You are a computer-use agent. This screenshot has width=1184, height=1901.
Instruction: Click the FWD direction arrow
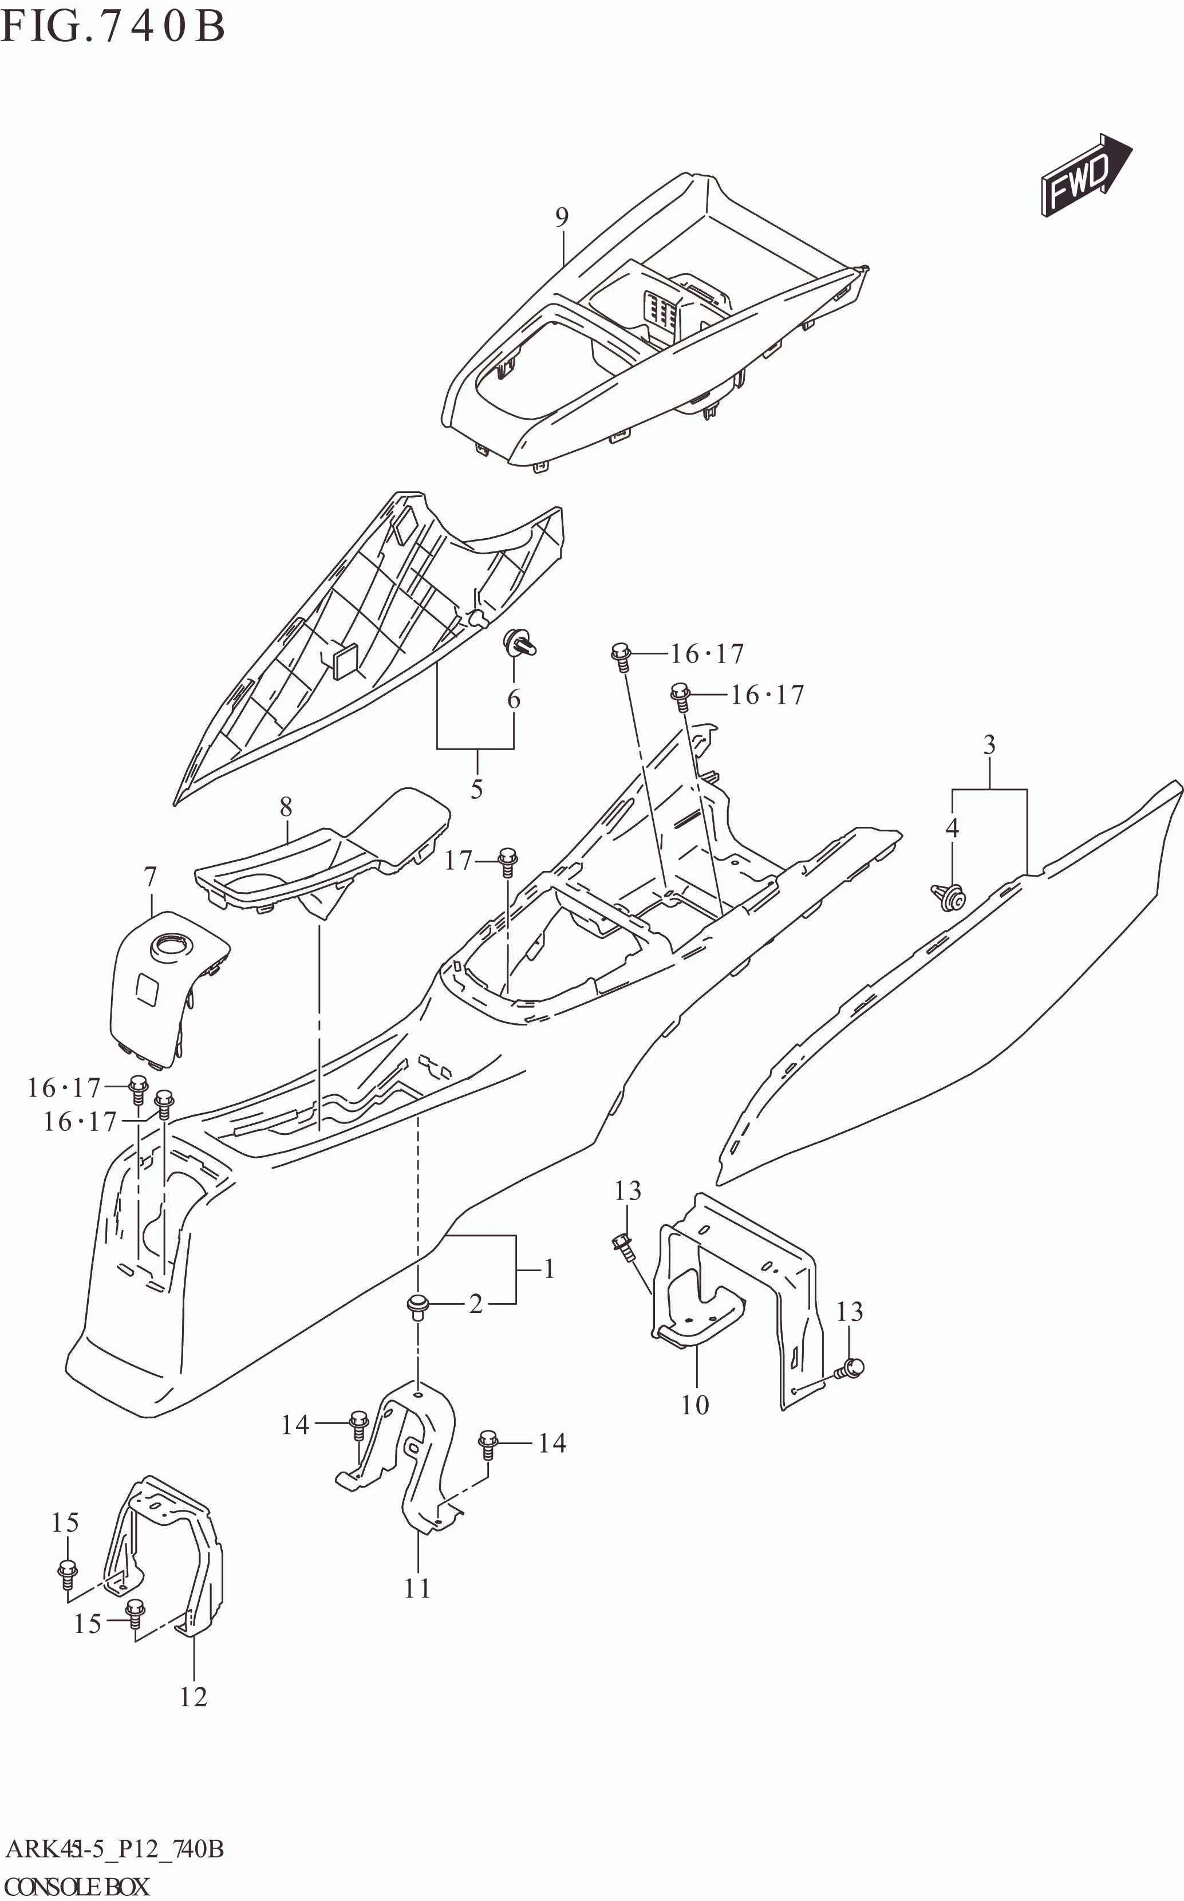[x=1084, y=176]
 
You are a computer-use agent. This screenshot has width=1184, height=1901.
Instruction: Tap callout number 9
[x=562, y=217]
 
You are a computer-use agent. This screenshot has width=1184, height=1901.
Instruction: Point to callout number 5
[x=476, y=789]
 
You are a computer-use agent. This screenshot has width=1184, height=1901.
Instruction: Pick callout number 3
[x=988, y=744]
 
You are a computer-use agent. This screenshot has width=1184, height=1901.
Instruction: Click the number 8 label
[x=286, y=806]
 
